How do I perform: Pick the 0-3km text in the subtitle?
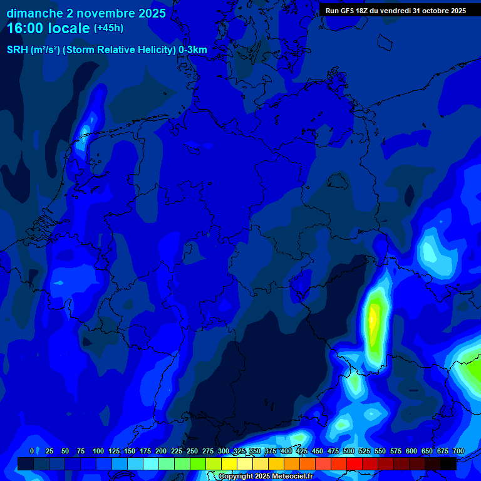click(192, 50)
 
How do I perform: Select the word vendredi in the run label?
click(396, 11)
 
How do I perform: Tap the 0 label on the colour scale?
click(32, 451)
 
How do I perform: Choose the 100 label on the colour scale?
click(98, 451)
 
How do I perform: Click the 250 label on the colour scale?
click(192, 451)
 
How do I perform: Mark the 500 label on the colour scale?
click(349, 451)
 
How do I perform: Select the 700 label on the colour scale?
click(458, 451)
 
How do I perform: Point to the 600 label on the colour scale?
click(411, 451)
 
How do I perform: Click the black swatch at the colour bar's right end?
click(448, 463)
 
